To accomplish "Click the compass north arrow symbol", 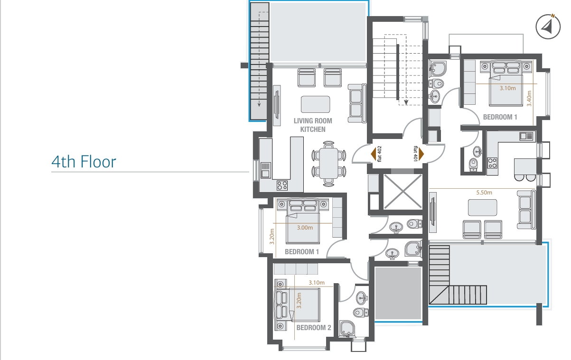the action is [x=548, y=27].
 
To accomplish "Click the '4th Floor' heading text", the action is [x=84, y=162].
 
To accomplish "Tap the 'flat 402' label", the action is [x=379, y=154].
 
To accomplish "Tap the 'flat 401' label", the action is [x=415, y=154].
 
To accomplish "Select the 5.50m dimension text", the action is [x=484, y=193].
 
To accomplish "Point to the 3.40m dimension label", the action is [x=529, y=98].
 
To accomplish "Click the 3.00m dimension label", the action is [x=305, y=228].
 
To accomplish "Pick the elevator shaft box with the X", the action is [x=403, y=192].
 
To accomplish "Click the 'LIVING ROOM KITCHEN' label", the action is [x=313, y=125].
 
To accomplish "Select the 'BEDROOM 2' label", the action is [x=314, y=327].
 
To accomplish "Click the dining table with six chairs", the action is [x=328, y=164].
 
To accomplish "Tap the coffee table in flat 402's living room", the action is [x=315, y=104].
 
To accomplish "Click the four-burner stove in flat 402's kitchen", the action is [x=282, y=185].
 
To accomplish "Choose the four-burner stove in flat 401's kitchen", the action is [x=492, y=163].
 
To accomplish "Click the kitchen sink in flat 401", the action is [x=526, y=136].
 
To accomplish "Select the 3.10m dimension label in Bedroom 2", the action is [x=317, y=283].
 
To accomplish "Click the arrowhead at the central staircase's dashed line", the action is [x=406, y=102].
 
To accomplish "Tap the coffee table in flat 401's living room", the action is [x=482, y=207].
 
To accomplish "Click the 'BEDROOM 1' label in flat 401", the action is [x=500, y=117].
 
